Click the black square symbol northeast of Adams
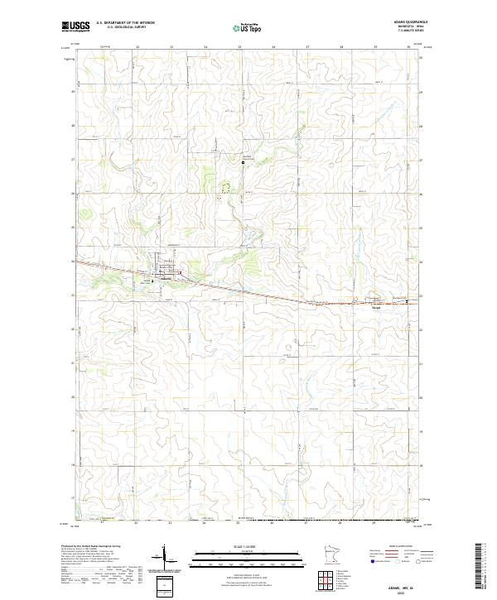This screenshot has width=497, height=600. coord(243,163)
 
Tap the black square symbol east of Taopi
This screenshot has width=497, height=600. coord(407,301)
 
